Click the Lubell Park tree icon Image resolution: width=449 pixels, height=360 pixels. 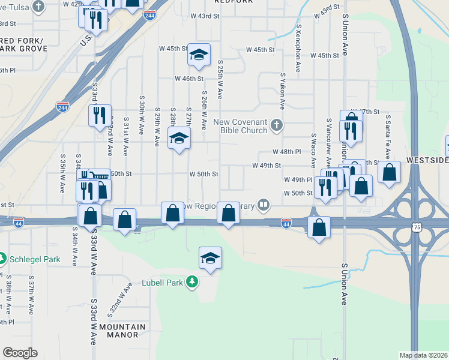coord(191,282)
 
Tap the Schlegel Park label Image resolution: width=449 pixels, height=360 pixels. coord(35,260)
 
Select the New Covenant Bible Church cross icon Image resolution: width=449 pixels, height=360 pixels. coord(276,125)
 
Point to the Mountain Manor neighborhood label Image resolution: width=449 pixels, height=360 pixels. coord(122,331)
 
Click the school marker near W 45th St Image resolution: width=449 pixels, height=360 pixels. coord(199,56)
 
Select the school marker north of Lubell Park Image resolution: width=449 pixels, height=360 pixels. coord(210,258)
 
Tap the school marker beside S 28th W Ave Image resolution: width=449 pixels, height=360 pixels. coord(178,139)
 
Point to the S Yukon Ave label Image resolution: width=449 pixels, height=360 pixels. coord(282,91)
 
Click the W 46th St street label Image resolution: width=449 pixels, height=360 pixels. coord(189,79)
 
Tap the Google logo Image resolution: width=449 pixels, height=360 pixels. coord(20,353)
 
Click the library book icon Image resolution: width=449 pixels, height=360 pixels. coord(264,205)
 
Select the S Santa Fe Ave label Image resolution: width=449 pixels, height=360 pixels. coord(388,134)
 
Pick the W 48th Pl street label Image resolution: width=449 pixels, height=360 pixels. coord(286,152)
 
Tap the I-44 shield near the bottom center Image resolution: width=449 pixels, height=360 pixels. coord(286,223)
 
